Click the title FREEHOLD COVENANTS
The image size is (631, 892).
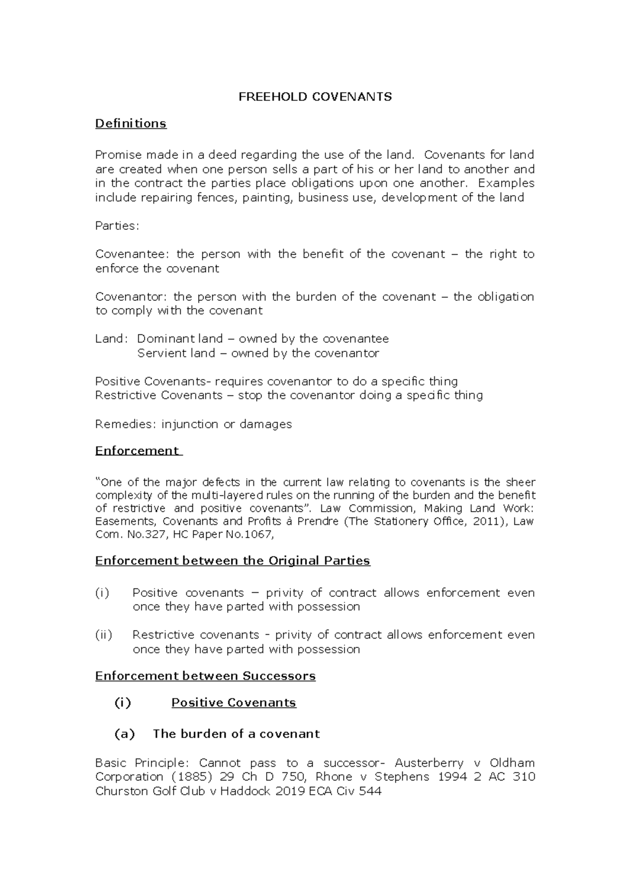click(315, 97)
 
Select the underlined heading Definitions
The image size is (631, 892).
click(130, 124)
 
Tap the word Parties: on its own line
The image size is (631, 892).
click(117, 226)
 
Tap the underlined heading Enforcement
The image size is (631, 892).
click(137, 451)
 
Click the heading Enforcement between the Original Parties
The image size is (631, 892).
click(232, 561)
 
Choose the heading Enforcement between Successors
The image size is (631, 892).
click(205, 676)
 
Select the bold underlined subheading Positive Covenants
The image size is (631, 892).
click(234, 703)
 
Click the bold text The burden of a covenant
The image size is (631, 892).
click(236, 734)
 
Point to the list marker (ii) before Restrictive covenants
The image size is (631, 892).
click(104, 635)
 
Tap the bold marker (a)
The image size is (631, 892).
click(125, 734)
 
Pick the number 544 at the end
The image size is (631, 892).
click(370, 791)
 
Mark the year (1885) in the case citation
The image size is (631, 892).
click(197, 777)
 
